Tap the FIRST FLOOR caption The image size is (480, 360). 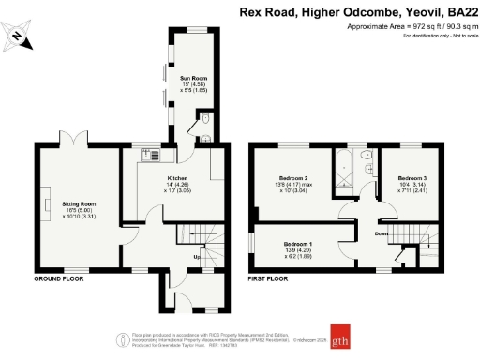[x=267, y=279]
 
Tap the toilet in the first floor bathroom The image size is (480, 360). [x=367, y=155]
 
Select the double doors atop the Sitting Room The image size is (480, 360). [x=75, y=142]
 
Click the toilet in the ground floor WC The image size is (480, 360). [x=204, y=135]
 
